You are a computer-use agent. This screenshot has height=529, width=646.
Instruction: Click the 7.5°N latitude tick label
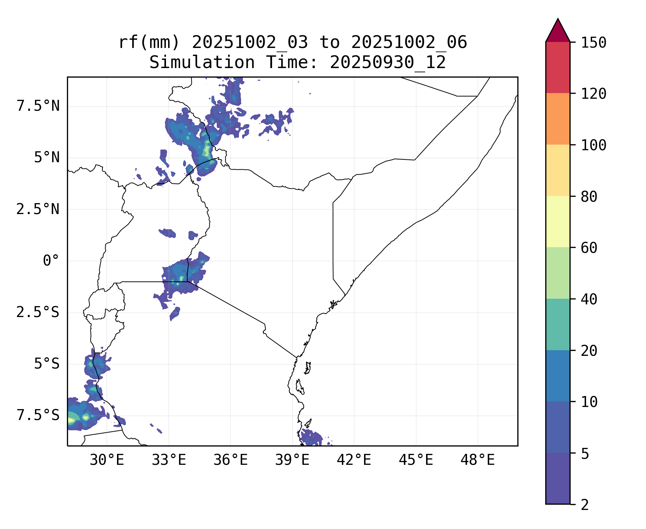click(x=38, y=106)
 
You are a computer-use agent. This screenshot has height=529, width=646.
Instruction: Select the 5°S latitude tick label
click(x=47, y=364)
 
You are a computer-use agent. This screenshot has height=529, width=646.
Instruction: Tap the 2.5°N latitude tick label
click(x=38, y=209)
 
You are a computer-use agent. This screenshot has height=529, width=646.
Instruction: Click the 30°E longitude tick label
click(x=107, y=460)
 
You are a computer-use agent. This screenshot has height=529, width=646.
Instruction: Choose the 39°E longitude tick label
click(x=292, y=460)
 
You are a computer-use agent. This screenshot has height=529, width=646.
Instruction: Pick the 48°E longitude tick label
click(x=478, y=460)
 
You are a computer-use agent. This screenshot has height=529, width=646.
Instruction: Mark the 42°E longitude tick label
click(x=354, y=460)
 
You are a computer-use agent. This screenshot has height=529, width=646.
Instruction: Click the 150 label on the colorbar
click(x=593, y=43)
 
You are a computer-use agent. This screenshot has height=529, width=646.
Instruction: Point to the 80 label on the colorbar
click(x=589, y=197)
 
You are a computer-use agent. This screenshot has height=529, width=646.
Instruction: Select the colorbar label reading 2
click(x=585, y=505)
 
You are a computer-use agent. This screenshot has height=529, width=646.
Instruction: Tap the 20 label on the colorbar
click(x=589, y=351)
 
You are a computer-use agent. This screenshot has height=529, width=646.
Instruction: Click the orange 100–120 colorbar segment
click(x=558, y=119)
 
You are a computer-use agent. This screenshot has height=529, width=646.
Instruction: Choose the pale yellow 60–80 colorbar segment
click(x=558, y=221)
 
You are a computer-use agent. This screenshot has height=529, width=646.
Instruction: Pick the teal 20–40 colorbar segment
click(x=558, y=324)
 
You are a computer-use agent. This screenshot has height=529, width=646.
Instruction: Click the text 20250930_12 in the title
click(x=388, y=63)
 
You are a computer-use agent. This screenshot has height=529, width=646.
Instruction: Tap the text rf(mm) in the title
click(x=149, y=43)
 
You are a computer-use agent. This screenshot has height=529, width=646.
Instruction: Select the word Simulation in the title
click(x=202, y=63)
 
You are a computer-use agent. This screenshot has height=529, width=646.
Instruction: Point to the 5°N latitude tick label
click(x=47, y=158)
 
